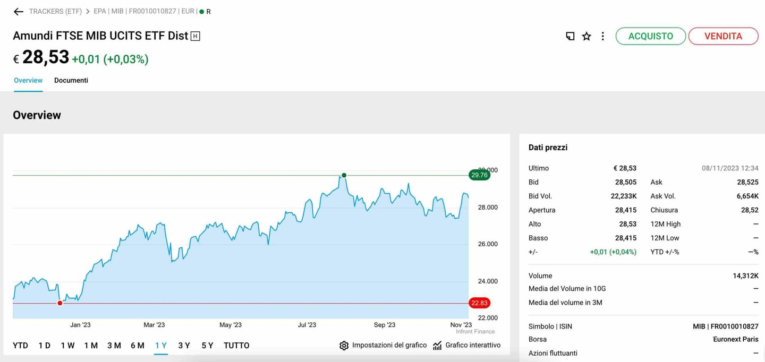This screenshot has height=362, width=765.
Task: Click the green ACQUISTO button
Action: pos(650,36)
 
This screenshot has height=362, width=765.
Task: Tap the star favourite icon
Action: pos(586,36)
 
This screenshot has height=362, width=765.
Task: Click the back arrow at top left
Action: pos(19,12)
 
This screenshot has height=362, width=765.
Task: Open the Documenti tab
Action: pos(71,80)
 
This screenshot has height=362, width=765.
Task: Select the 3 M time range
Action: pos(114,346)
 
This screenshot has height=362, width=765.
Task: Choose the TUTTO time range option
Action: pos(236,346)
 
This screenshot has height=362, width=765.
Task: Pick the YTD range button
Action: pos(20,346)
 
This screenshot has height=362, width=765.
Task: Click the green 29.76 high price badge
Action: pos(479,175)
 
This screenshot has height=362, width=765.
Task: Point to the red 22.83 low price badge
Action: pos(479,303)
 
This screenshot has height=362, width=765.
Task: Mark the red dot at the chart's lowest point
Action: pos(60,303)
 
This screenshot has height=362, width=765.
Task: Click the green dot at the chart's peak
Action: pos(344,175)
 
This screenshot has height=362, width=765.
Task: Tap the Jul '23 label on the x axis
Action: pos(307,325)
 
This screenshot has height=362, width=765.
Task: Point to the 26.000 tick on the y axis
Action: pos(488,244)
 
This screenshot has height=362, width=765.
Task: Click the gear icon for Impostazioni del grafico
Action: pos(344,346)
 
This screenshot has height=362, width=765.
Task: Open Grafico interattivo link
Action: pos(472,345)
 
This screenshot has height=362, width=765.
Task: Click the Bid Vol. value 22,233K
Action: pos(624,196)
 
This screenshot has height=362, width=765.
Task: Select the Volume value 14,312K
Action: pos(745,275)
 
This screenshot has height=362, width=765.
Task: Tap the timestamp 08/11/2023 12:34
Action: pos(730,168)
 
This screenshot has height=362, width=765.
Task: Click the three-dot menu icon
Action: pos(602,36)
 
